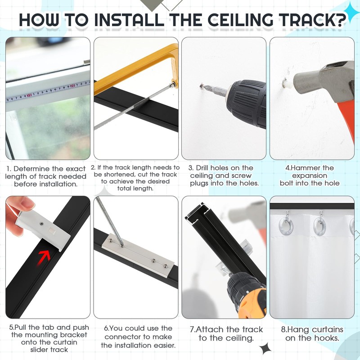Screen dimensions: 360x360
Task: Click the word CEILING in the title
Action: pyautogui.click(x=240, y=20)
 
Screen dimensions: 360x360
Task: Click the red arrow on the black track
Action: pyautogui.click(x=45, y=256)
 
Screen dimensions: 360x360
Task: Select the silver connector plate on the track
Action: pyautogui.click(x=138, y=255)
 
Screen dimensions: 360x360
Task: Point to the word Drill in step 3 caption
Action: pyautogui.click(x=202, y=168)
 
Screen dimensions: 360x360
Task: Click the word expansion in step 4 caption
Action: pyautogui.click(x=310, y=175)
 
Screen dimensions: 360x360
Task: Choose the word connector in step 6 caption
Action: pyautogui.click(x=122, y=337)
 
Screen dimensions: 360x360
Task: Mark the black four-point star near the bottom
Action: pyautogui.click(x=265, y=348)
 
